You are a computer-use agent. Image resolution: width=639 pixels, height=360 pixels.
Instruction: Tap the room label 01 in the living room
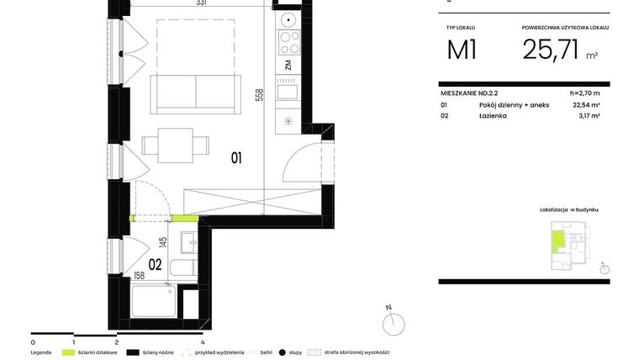pos(236,157)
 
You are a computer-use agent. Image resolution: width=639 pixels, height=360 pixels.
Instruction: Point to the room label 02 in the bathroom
pos(155,263)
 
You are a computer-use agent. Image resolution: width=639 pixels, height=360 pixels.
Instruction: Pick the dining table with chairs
pos(175,144)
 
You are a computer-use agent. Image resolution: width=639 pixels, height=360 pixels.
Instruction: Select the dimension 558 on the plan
pos(260,98)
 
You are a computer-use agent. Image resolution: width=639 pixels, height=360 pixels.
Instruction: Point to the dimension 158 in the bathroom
pos(140,274)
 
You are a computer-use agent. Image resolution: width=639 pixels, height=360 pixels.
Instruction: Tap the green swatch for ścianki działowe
pos(67,352)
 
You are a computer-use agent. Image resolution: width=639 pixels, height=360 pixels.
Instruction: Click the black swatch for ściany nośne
pos(132,352)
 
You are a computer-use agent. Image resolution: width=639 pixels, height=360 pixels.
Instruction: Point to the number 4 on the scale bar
pos(203,342)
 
